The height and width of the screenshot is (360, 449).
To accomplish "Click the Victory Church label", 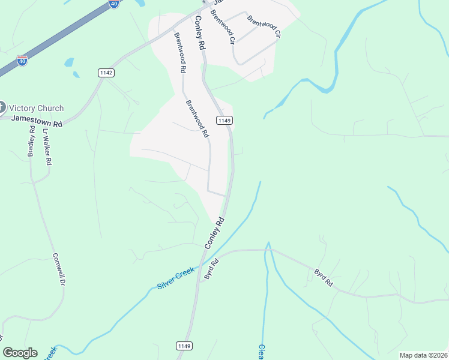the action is (37, 108).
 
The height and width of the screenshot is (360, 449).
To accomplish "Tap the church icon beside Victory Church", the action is (2, 108).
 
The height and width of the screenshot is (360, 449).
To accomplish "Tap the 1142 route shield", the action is (106, 72).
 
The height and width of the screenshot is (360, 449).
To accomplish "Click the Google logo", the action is (20, 353).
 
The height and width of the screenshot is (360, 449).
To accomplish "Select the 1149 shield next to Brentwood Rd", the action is (224, 120).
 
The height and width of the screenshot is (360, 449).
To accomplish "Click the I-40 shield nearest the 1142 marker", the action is (22, 61).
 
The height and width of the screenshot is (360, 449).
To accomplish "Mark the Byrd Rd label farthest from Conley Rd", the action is (323, 277).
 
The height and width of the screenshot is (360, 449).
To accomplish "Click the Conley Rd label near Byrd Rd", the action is (214, 233).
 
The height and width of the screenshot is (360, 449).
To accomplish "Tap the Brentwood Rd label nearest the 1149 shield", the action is (196, 117).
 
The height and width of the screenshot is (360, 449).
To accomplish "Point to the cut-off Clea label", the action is (261, 352).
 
